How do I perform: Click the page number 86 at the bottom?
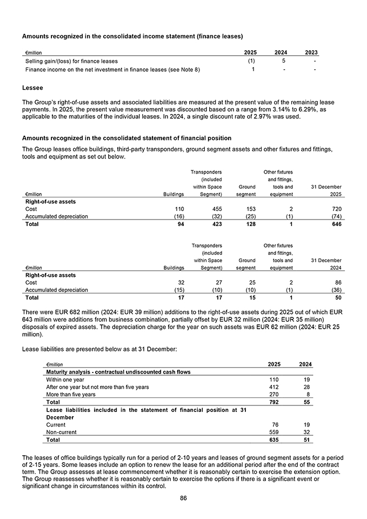(x=183, y=498)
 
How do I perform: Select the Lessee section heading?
(x=33, y=87)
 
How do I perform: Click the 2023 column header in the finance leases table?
(x=311, y=52)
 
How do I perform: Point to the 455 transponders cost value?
(x=216, y=208)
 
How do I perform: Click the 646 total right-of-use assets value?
(x=336, y=224)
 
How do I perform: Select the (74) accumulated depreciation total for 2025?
(x=335, y=216)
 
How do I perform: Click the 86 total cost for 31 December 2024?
(x=337, y=282)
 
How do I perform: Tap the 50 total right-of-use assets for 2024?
(x=337, y=297)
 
